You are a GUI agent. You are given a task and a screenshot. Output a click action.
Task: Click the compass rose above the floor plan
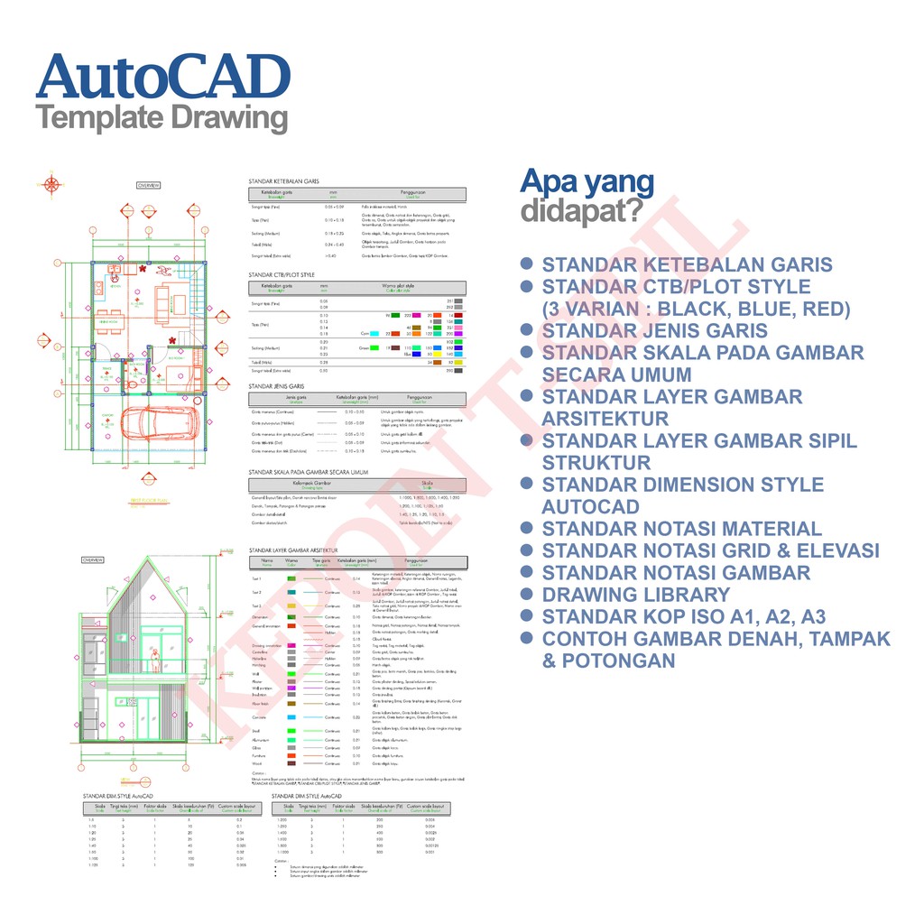(52, 185)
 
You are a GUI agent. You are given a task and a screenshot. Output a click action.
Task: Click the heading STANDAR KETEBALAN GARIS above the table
(284, 181)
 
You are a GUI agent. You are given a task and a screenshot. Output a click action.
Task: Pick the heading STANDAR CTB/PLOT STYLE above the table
(282, 274)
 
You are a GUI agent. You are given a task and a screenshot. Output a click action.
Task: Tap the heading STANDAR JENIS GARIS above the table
(276, 385)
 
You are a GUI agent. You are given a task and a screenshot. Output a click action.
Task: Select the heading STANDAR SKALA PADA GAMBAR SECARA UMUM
(309, 472)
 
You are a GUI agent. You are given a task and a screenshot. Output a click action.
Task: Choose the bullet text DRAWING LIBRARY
(635, 595)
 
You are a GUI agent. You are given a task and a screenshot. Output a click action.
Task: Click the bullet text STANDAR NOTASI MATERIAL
(681, 529)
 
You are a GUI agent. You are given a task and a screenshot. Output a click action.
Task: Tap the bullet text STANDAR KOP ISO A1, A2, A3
(683, 617)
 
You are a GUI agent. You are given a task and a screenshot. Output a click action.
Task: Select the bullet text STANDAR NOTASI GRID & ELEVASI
(710, 550)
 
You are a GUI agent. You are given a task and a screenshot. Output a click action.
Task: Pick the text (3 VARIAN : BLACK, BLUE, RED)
(696, 310)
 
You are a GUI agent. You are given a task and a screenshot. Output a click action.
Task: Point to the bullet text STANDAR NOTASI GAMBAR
(675, 573)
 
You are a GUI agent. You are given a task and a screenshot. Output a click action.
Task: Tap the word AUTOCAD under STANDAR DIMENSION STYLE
(590, 507)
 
